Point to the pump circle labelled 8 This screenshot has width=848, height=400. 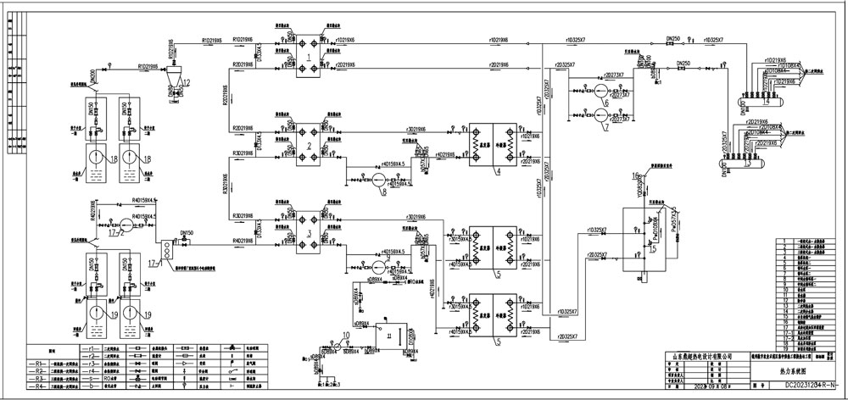tap(379, 180)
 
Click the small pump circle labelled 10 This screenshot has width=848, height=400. tap(337, 347)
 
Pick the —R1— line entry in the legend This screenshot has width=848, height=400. tap(40, 363)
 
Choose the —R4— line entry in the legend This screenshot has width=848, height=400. tap(40, 386)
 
